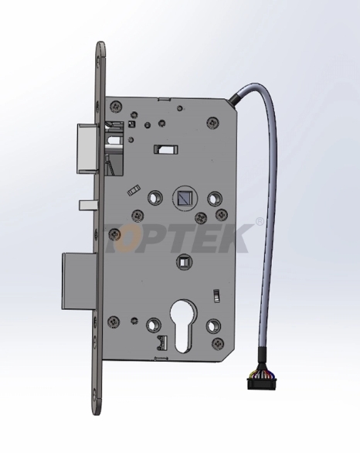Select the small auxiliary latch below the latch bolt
(87, 204)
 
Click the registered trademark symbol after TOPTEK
(259, 222)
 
